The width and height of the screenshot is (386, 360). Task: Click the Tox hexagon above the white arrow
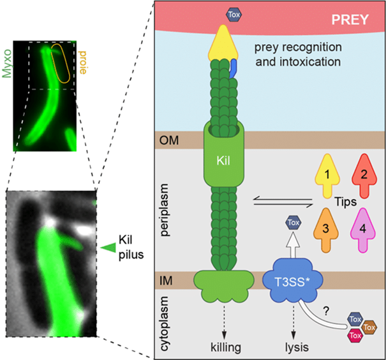click(292, 223)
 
